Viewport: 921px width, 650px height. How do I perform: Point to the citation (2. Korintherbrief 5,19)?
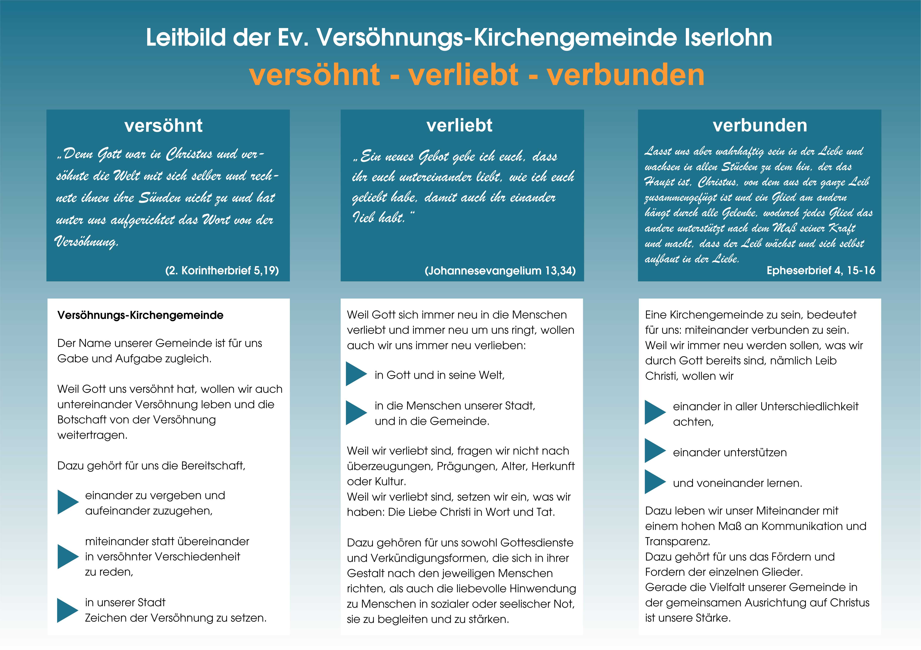tap(222, 270)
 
